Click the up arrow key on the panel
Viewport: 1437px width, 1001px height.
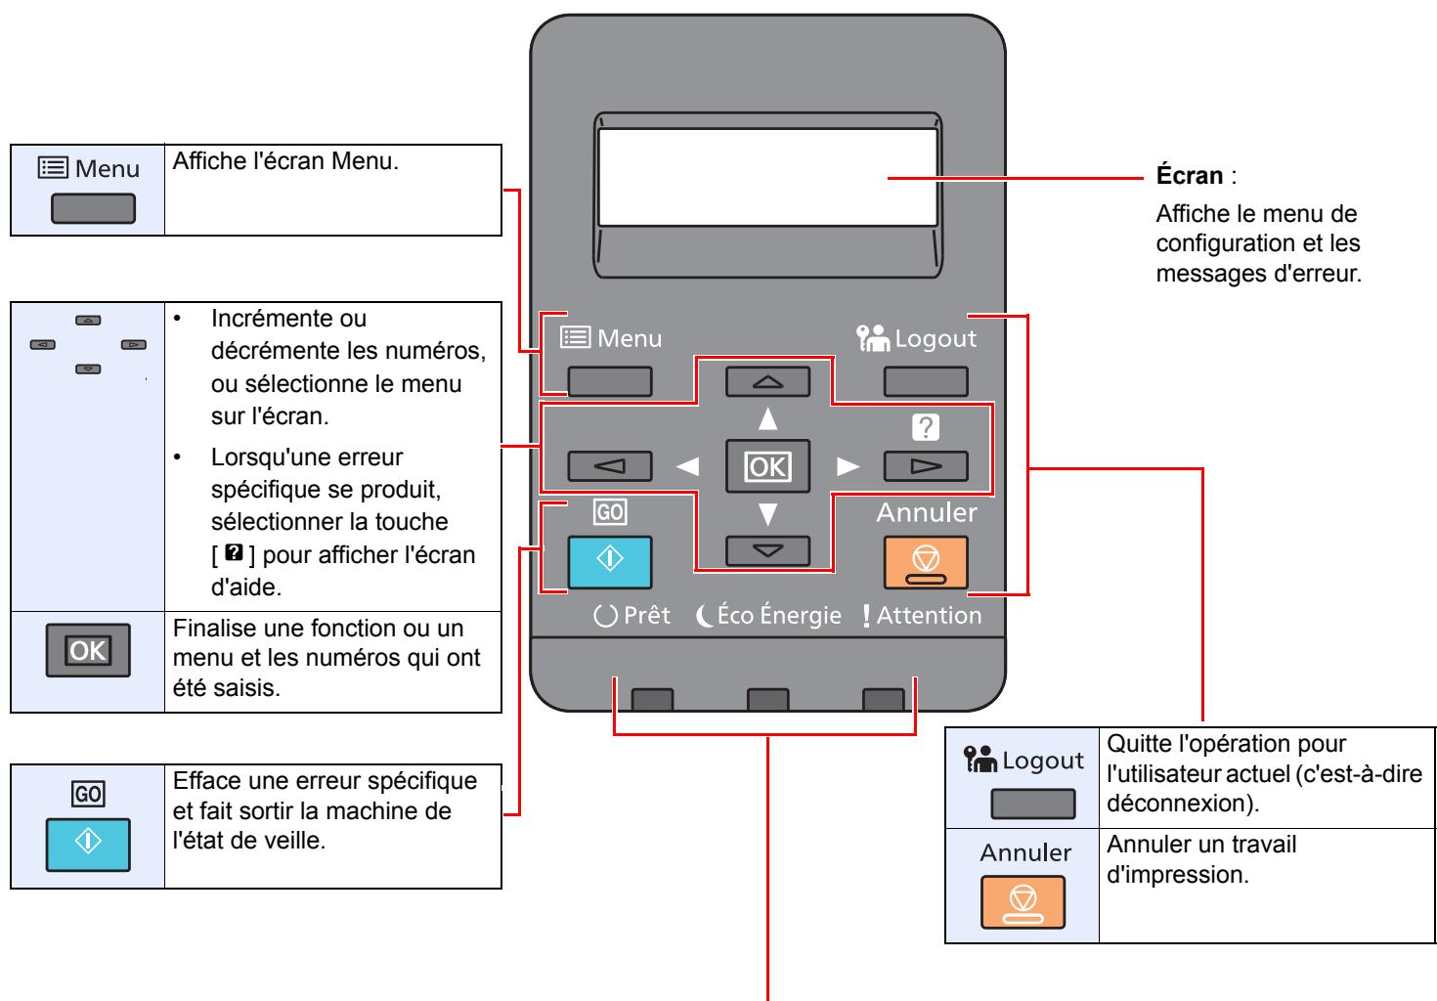pyautogui.click(x=767, y=381)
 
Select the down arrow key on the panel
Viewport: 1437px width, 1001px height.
pyautogui.click(x=767, y=551)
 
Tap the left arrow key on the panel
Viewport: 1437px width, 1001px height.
pyautogui.click(x=610, y=466)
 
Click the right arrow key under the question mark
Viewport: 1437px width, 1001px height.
pyautogui.click(x=926, y=466)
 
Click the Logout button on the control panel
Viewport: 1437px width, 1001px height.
pyautogui.click(x=926, y=381)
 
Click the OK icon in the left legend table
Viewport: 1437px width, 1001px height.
pyautogui.click(x=88, y=650)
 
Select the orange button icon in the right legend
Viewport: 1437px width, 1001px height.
pyautogui.click(x=1025, y=901)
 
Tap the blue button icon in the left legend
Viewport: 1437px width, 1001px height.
pyautogui.click(x=88, y=839)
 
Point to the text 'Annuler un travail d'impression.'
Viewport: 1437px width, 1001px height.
pyautogui.click(x=1202, y=857)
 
